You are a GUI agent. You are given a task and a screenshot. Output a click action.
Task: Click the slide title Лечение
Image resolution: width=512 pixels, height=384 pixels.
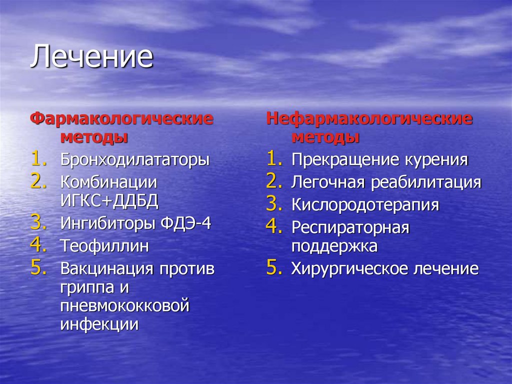tap(91, 57)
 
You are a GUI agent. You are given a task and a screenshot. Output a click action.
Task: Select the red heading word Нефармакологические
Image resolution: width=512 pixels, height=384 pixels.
tap(369, 119)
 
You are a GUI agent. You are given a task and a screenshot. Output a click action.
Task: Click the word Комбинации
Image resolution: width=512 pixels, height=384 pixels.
tap(108, 182)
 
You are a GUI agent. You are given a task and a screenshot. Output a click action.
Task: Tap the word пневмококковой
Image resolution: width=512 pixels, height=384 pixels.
tap(125, 305)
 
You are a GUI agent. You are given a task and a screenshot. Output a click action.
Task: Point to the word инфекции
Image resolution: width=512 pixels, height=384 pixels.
tap(99, 324)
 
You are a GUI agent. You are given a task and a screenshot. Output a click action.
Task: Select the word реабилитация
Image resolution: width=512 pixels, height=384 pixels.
tap(425, 183)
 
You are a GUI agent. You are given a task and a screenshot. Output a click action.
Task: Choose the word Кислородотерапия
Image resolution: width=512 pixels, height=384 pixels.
tap(365, 205)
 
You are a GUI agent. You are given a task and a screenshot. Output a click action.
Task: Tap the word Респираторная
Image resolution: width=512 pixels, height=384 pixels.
tap(350, 228)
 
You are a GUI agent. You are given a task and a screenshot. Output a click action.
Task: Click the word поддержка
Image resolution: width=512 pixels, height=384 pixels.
tap(334, 246)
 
